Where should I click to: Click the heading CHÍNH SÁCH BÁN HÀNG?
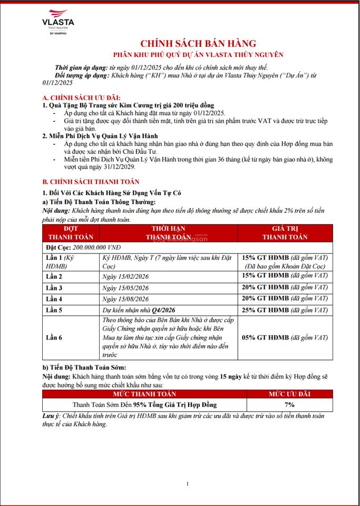(198, 43)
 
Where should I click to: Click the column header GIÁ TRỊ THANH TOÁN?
(285, 233)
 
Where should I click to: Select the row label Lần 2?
(54, 276)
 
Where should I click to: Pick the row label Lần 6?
(54, 337)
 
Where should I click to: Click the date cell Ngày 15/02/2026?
(125, 276)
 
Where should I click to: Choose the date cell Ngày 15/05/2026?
(125, 288)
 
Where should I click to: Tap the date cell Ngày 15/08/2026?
(125, 299)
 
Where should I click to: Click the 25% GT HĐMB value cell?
(285, 310)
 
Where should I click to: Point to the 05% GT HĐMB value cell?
(285, 337)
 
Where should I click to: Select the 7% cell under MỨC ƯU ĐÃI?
(289, 404)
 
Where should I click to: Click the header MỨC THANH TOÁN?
(144, 394)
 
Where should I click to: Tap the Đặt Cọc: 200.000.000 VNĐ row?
(83, 246)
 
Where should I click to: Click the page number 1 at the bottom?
(187, 484)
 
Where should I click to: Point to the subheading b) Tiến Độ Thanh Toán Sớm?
(84, 367)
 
